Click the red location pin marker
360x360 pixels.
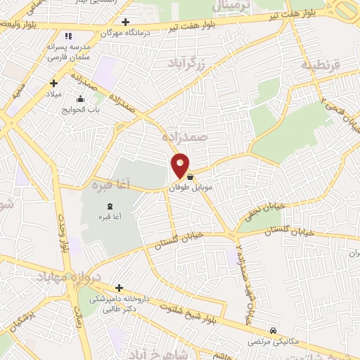181,165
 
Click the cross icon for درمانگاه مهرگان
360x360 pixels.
125,22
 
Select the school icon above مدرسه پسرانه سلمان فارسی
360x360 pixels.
67,35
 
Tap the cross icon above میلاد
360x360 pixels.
53,83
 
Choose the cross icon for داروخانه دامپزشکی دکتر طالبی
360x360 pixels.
119,288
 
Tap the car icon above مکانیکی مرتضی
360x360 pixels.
274,330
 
